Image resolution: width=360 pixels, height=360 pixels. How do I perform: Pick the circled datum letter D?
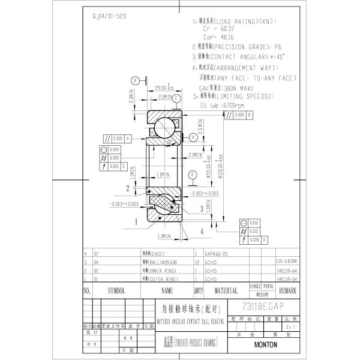(x=191, y=175)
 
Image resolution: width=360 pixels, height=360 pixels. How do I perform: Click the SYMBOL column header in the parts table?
(x=116, y=290)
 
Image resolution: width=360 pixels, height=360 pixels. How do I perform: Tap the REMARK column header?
(x=287, y=290)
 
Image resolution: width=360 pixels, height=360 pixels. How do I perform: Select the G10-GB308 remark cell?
(x=286, y=262)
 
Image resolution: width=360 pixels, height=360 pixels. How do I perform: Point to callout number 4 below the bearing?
(x=202, y=230)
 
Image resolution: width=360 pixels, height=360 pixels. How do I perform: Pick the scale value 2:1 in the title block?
(x=290, y=328)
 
